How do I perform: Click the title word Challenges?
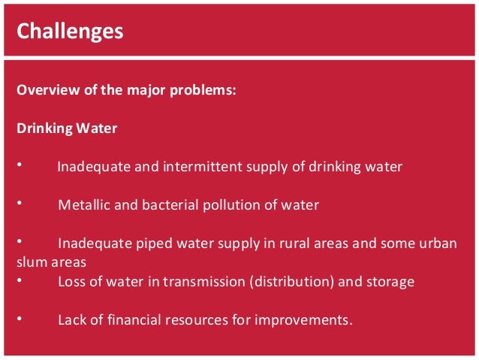point(70,31)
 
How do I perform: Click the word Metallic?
point(83,205)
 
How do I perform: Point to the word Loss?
point(71,282)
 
